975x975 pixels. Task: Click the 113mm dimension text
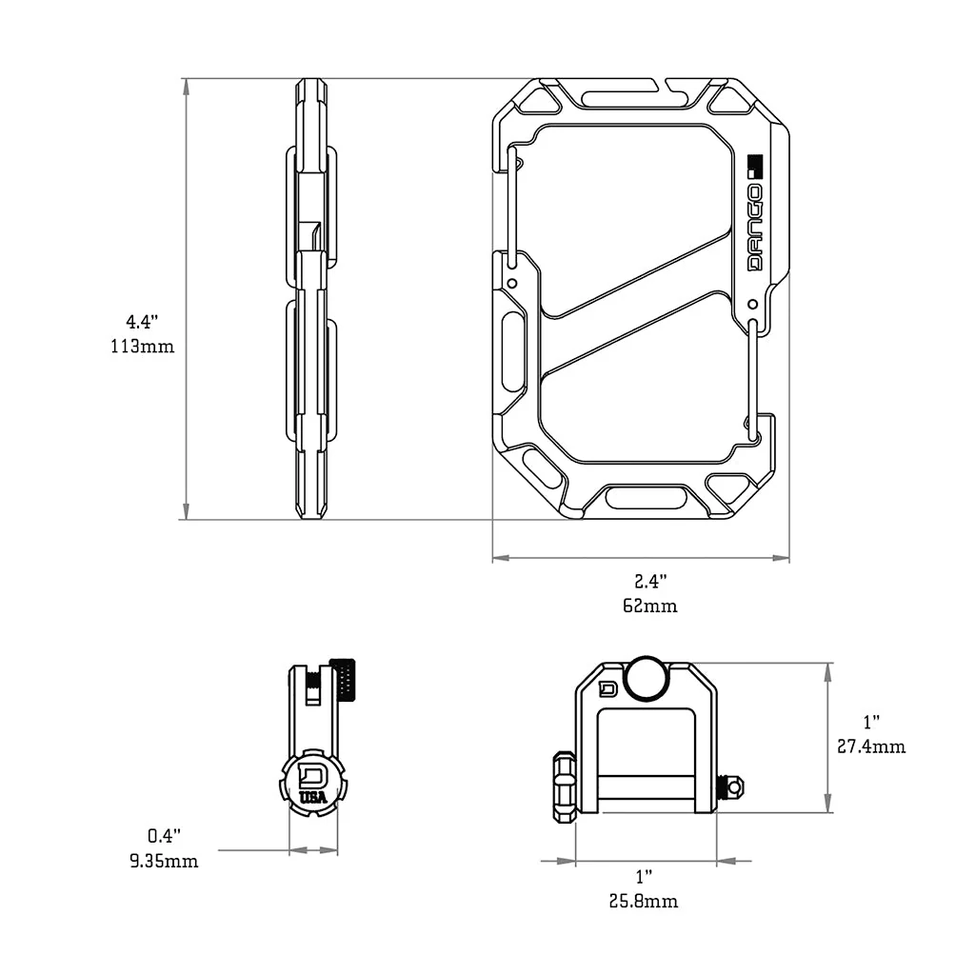tap(142, 347)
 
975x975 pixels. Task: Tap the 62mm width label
tap(650, 606)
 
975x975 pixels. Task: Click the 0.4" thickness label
tap(164, 836)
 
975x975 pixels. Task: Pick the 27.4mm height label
tap(871, 746)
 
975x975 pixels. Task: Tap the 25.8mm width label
tap(645, 901)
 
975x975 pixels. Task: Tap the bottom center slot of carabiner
tap(647, 497)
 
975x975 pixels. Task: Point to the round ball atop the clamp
tap(647, 677)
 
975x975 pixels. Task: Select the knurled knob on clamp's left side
tap(564, 786)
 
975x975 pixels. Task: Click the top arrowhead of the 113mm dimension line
tap(186, 87)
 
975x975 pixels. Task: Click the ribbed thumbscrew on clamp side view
tap(344, 680)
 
